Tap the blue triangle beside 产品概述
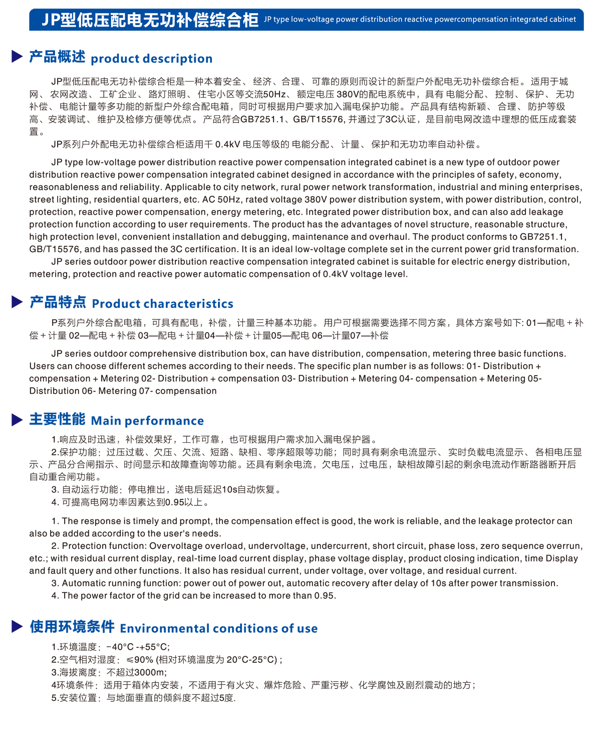tap(17, 57)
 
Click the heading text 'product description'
tap(151, 59)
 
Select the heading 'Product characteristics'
tap(162, 304)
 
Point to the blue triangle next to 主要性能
tap(17, 420)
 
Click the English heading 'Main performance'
tap(147, 421)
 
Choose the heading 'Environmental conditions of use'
tap(218, 629)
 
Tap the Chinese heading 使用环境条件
tap(72, 627)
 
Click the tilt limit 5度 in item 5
tap(226, 698)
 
